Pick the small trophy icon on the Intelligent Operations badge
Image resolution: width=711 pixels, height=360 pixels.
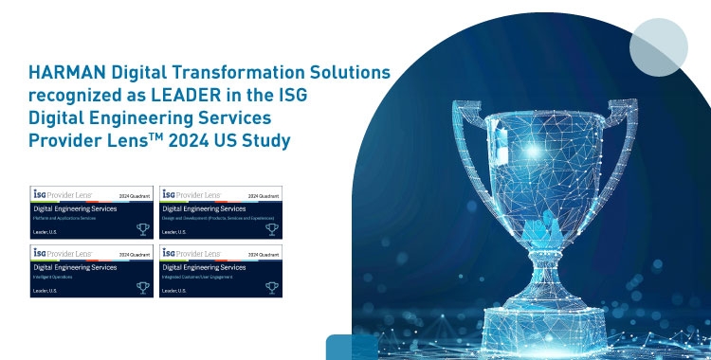(143, 288)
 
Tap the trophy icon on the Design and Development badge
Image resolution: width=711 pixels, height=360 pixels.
(272, 229)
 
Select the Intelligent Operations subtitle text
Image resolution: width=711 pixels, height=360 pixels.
(53, 277)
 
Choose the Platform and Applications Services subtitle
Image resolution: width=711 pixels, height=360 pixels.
(67, 219)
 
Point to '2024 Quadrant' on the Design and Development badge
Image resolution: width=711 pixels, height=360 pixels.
(264, 195)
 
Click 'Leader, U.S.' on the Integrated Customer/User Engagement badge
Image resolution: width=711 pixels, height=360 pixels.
(174, 290)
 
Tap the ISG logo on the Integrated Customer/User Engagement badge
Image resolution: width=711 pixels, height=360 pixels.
(171, 253)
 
